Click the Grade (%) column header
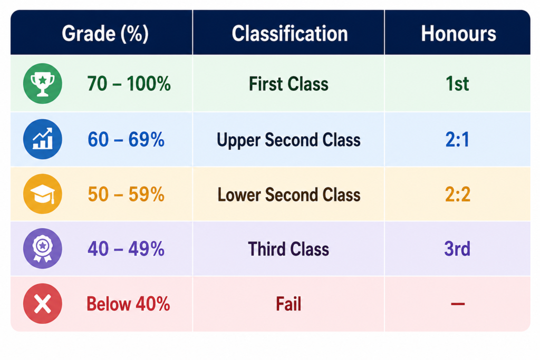tap(105, 34)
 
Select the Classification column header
tap(290, 34)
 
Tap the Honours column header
tap(458, 34)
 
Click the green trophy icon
tap(43, 84)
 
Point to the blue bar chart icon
tap(43, 139)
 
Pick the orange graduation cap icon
tap(43, 194)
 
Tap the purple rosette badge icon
tap(43, 248)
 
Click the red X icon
tap(43, 304)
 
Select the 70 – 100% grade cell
tap(129, 84)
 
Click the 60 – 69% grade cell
tap(126, 140)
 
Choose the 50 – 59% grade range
tap(126, 194)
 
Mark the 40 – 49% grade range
tap(126, 249)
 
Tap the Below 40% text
tap(128, 304)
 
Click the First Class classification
tap(288, 84)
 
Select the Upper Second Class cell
tap(288, 140)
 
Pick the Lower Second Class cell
tap(289, 195)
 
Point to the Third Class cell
tap(288, 249)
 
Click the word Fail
tap(288, 304)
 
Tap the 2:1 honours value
tap(457, 140)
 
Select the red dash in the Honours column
tap(458, 304)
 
